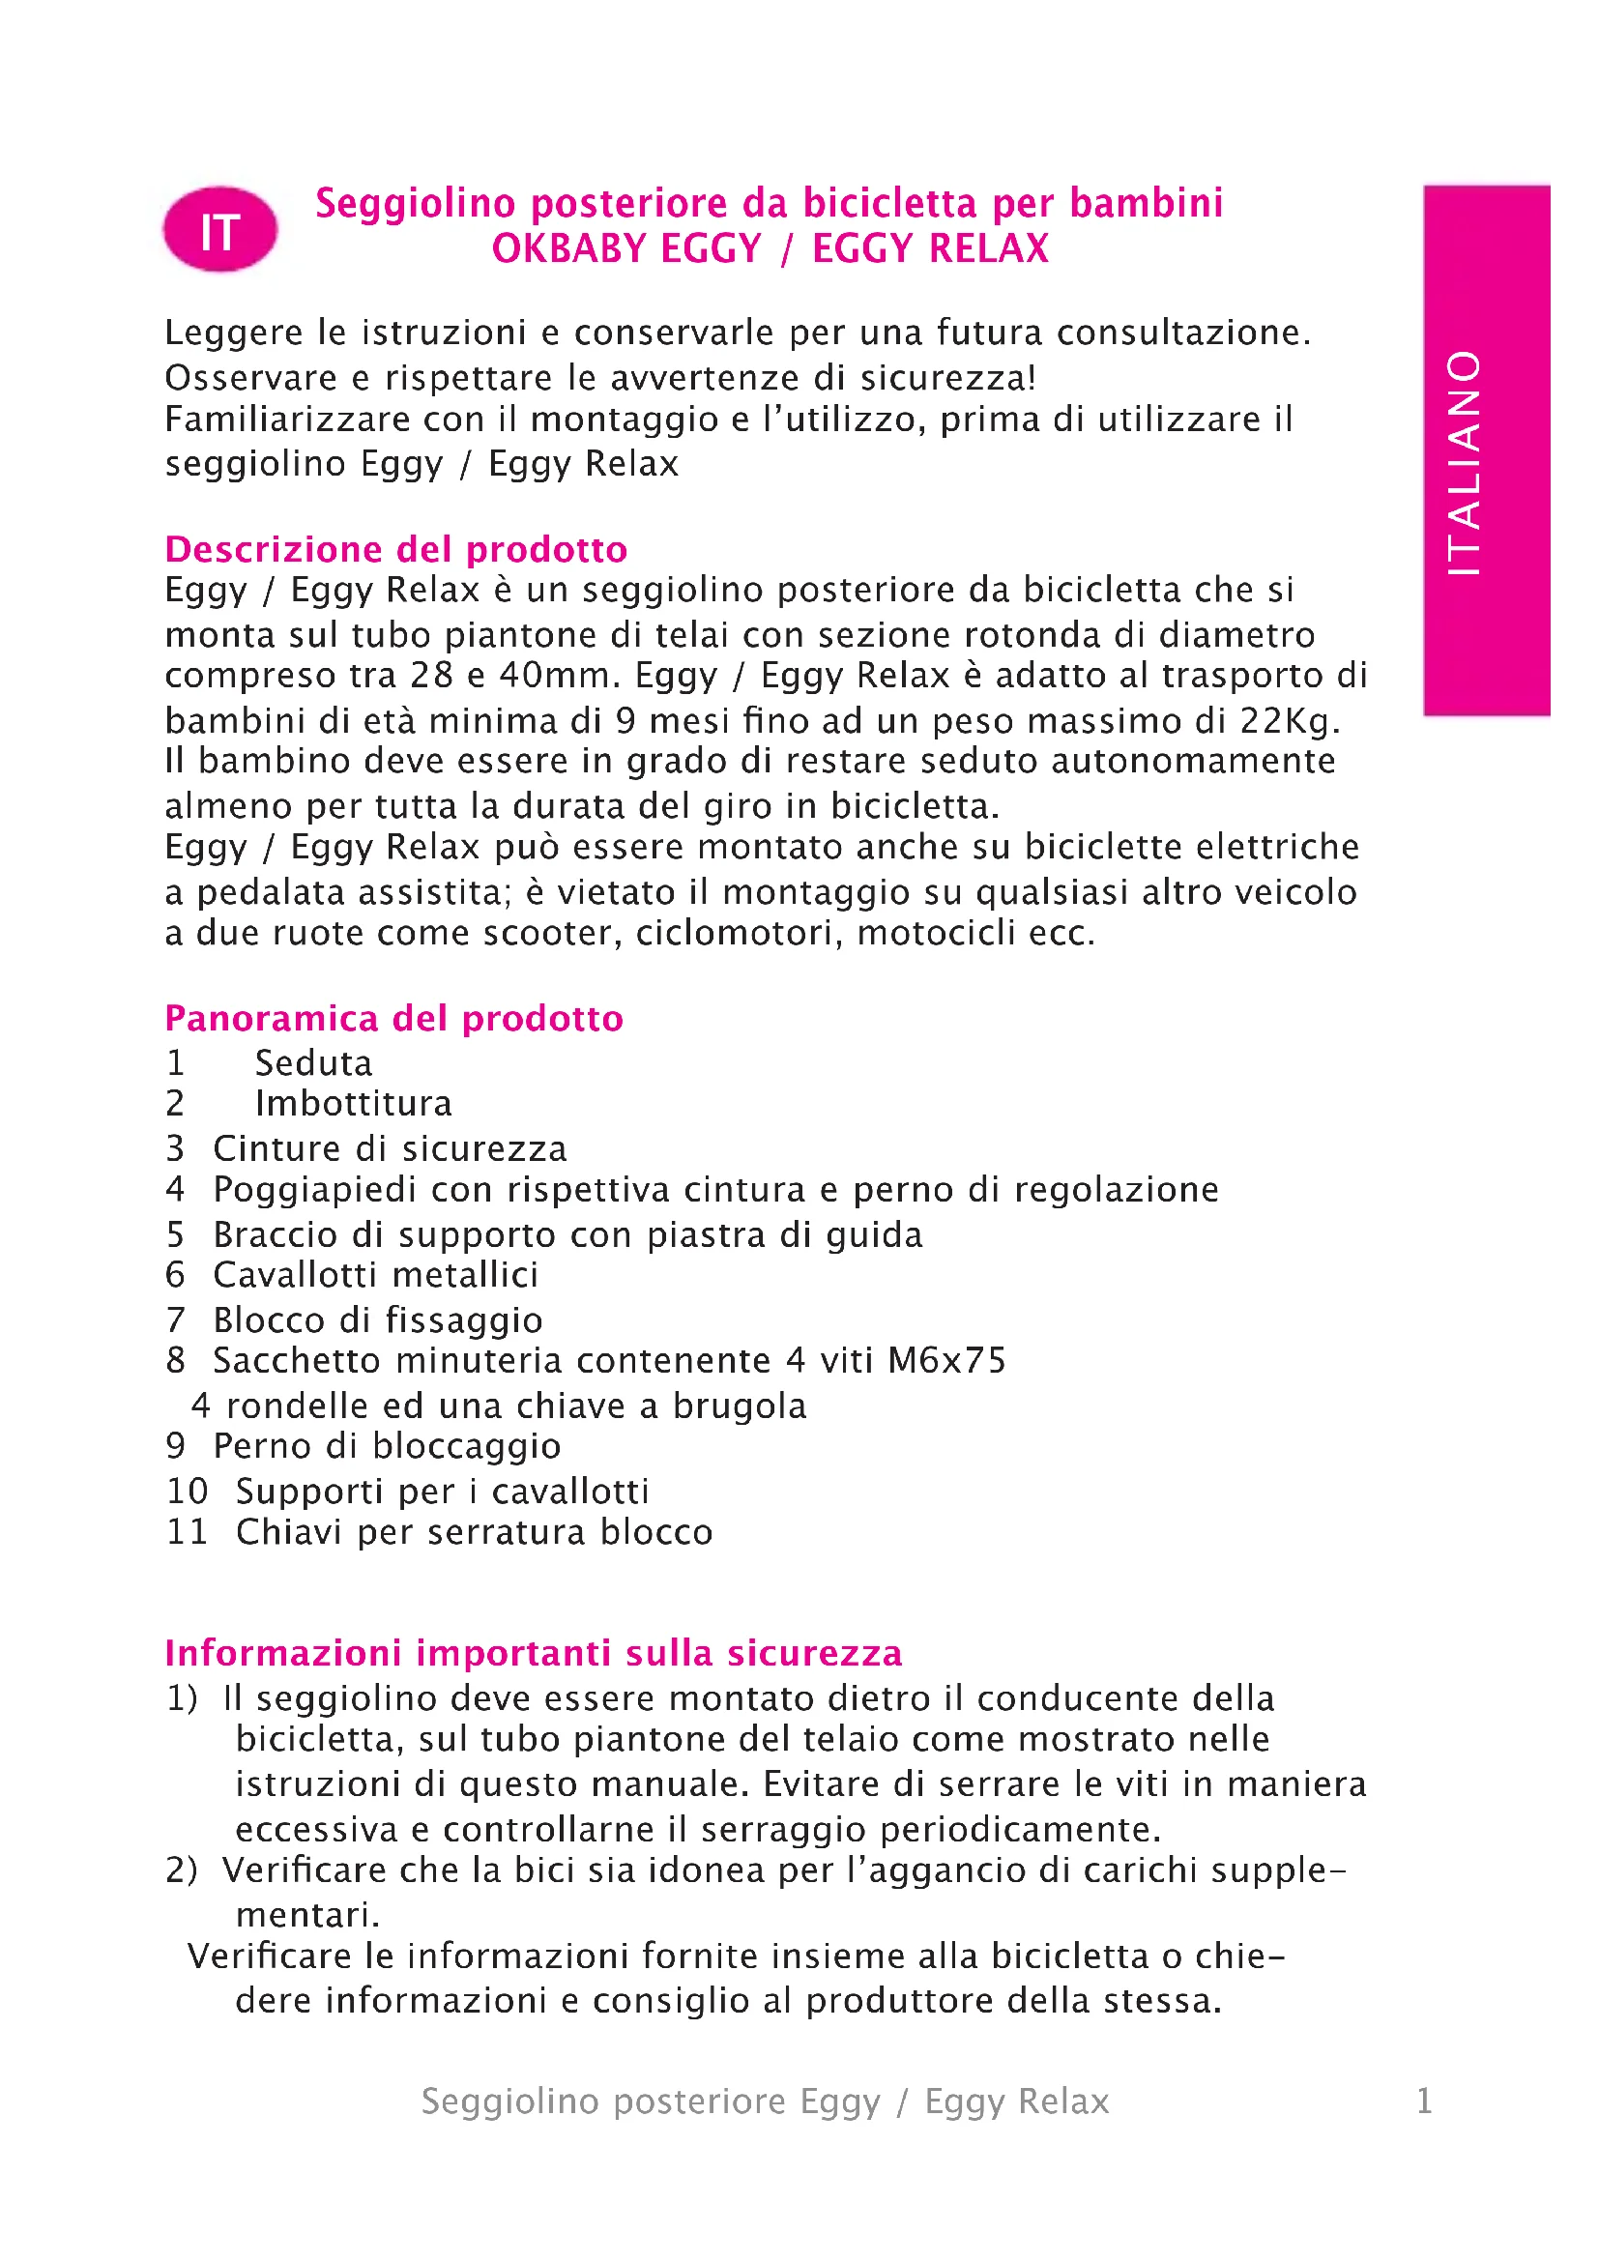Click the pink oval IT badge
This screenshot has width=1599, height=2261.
tap(219, 229)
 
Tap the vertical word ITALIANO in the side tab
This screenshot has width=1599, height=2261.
tap(1464, 462)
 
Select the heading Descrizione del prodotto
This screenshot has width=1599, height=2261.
tap(395, 548)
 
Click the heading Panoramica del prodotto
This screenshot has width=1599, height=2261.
tap(393, 1018)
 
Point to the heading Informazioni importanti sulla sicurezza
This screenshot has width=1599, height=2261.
tap(533, 1652)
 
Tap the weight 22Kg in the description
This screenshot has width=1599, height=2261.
tap(1289, 721)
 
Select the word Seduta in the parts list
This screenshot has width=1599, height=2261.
tap(313, 1063)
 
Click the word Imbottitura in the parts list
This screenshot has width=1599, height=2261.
tap(354, 1104)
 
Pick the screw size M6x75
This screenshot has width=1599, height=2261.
tap(946, 1361)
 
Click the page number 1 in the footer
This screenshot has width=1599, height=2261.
tap(1424, 2102)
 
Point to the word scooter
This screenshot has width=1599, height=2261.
tap(551, 934)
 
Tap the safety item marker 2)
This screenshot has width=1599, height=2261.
tap(181, 1870)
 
